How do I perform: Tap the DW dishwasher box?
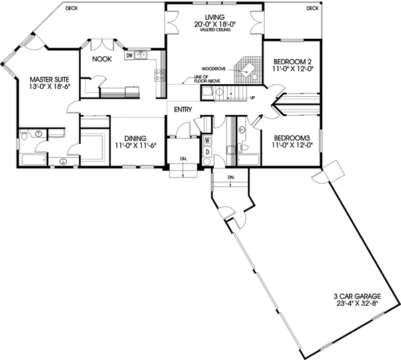[130, 56]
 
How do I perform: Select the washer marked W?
[207, 140]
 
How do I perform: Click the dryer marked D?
[207, 152]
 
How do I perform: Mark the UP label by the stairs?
[252, 98]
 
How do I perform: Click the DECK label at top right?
[312, 8]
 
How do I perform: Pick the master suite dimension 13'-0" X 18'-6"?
[41, 87]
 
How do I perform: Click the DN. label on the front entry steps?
[182, 159]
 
